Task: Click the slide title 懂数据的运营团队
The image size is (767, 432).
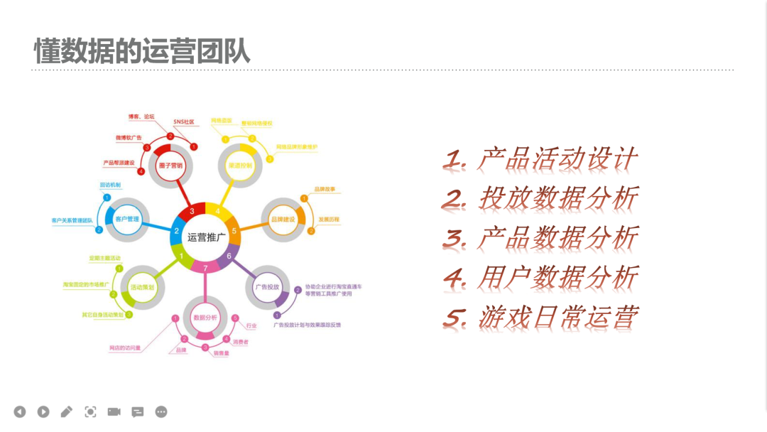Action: point(142,51)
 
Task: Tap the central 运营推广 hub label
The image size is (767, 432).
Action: point(205,237)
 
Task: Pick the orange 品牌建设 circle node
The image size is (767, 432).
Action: point(283,220)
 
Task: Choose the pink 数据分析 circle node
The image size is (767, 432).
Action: point(205,317)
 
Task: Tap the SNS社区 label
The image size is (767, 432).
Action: point(183,121)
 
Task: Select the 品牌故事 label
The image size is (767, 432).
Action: point(323,190)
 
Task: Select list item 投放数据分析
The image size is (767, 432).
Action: point(540,198)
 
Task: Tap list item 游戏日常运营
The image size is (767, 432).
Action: point(540,317)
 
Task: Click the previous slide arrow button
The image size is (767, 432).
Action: point(20,411)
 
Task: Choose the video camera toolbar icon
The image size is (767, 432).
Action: point(114,411)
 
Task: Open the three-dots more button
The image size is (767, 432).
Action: point(161,411)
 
